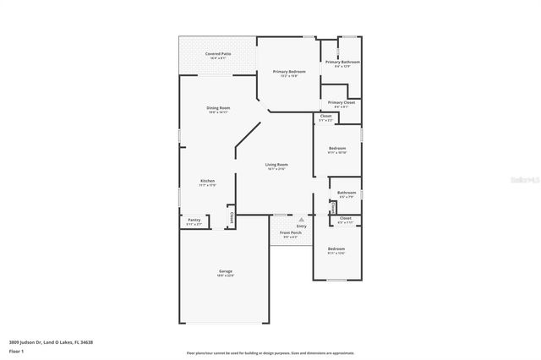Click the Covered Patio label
pyautogui.click(x=217, y=54)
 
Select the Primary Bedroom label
pyautogui.click(x=288, y=72)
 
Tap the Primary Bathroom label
pyautogui.click(x=342, y=62)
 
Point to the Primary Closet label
pyautogui.click(x=341, y=103)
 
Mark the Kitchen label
pyautogui.click(x=207, y=181)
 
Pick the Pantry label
pyautogui.click(x=194, y=221)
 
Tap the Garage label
pyautogui.click(x=226, y=271)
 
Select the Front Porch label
pyautogui.click(x=291, y=232)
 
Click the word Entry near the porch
pyautogui.click(x=302, y=226)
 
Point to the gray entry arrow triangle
pyautogui.click(x=300, y=219)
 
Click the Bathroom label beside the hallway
pyautogui.click(x=346, y=193)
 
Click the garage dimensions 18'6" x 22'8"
pyautogui.click(x=226, y=275)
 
